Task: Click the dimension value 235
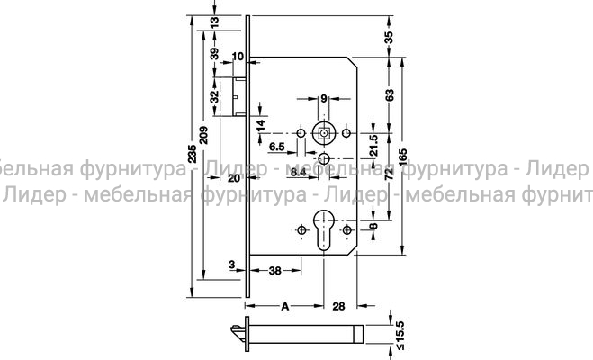click(x=191, y=154)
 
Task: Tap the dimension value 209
click(x=205, y=135)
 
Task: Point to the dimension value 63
click(x=389, y=94)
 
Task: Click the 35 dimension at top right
click(x=389, y=37)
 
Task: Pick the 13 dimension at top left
click(x=213, y=20)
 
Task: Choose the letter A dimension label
click(x=285, y=307)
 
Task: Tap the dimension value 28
click(x=339, y=307)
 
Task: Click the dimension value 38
click(x=277, y=268)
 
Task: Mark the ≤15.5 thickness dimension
click(x=389, y=332)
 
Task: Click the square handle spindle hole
click(x=324, y=133)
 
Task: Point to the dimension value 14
click(x=261, y=125)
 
